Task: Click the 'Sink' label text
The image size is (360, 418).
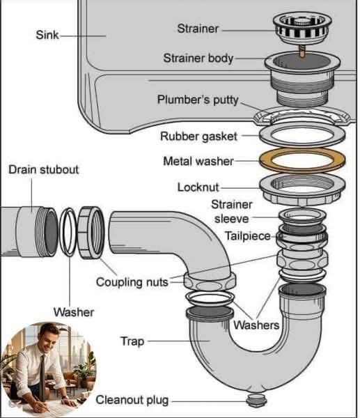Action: pyautogui.click(x=47, y=35)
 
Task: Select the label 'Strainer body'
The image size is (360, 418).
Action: pyautogui.click(x=198, y=58)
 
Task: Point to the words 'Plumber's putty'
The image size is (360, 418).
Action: pyautogui.click(x=198, y=100)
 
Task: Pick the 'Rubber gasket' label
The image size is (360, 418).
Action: pyautogui.click(x=198, y=137)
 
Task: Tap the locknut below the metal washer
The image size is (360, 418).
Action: pyautogui.click(x=302, y=189)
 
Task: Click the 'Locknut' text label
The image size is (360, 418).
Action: pyautogui.click(x=198, y=187)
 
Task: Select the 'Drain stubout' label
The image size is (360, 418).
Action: pyautogui.click(x=44, y=169)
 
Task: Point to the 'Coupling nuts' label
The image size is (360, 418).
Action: pyautogui.click(x=132, y=282)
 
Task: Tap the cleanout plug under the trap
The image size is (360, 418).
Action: pyautogui.click(x=256, y=400)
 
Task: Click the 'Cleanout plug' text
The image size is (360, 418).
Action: pyautogui.click(x=132, y=400)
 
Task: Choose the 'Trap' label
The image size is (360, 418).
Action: pyautogui.click(x=132, y=341)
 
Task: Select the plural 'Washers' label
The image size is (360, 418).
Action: pyautogui.click(x=256, y=325)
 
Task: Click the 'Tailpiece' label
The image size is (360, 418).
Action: pyautogui.click(x=248, y=236)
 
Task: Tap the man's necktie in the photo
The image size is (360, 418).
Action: pyautogui.click(x=42, y=377)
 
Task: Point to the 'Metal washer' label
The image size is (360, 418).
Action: pyautogui.click(x=198, y=162)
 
